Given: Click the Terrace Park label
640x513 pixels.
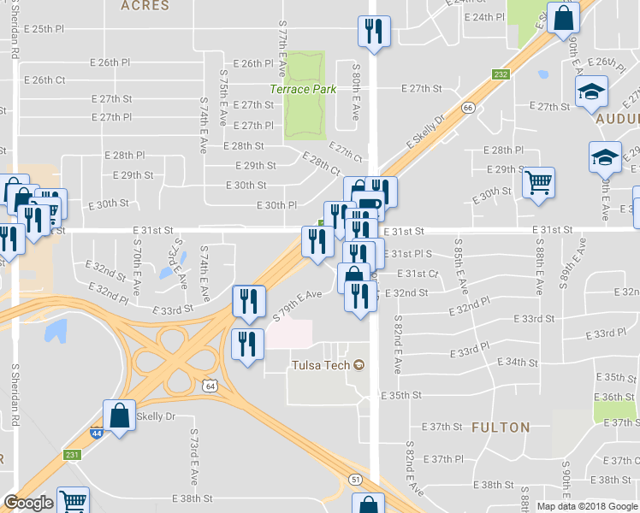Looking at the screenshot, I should pos(303,89).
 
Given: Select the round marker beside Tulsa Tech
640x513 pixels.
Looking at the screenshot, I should pos(359,366).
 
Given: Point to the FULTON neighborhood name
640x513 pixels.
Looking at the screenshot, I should pos(501,427).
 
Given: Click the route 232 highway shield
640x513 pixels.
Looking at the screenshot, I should pos(501,75).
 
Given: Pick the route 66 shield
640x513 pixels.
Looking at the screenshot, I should pos(468,108).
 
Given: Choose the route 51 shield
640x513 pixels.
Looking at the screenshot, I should pos(355,480).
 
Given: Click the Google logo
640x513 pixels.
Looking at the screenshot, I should pos(28,503).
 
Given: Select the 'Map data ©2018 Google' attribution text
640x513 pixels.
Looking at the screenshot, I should pos(586,506).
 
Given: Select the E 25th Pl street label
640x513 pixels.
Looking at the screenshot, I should pos(44,28).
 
